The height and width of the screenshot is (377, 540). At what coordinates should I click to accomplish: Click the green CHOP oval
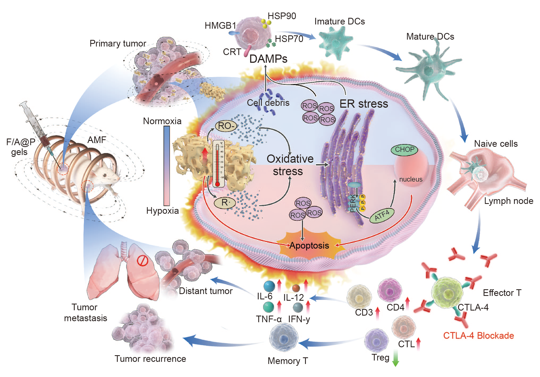click(404, 150)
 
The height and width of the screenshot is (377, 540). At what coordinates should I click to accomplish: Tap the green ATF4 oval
click(382, 215)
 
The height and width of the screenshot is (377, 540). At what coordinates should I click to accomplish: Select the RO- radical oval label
click(226, 126)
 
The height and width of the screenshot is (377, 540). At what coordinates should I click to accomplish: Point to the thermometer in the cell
click(218, 164)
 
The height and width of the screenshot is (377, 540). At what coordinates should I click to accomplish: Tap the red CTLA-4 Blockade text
click(478, 336)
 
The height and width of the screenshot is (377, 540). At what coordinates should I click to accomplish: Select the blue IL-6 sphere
click(269, 286)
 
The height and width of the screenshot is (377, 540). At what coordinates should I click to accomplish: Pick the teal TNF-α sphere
click(268, 307)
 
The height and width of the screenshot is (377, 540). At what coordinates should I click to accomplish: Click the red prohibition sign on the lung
click(142, 261)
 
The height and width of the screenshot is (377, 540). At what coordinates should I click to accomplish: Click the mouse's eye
click(105, 175)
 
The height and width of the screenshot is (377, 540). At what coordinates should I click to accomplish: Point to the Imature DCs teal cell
click(336, 43)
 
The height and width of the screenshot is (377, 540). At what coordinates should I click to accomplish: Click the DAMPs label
click(268, 59)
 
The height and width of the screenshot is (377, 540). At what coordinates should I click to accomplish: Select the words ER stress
click(364, 104)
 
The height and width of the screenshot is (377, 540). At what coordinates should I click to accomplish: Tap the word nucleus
click(411, 179)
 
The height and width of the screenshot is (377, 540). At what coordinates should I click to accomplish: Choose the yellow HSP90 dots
click(266, 23)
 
